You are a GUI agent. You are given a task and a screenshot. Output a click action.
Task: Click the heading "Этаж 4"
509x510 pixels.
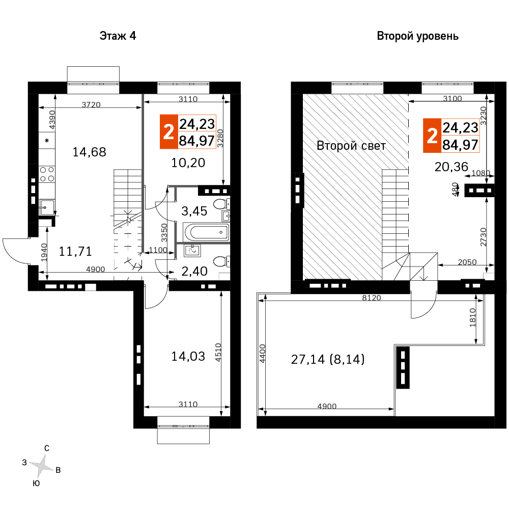pyautogui.click(x=118, y=36)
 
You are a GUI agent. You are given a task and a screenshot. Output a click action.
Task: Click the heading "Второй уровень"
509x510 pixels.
pyautogui.click(x=418, y=36)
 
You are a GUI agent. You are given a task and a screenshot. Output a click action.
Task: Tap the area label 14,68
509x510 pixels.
pyautogui.click(x=90, y=152)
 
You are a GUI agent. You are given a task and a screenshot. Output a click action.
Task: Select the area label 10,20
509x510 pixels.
pyautogui.click(x=188, y=163)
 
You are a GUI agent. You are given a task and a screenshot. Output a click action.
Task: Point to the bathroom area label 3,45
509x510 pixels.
pyautogui.click(x=194, y=211)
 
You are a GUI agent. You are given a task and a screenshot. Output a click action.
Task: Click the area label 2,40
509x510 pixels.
pyautogui.click(x=194, y=271)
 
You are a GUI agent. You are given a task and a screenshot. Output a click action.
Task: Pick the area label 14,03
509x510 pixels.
pyautogui.click(x=188, y=357)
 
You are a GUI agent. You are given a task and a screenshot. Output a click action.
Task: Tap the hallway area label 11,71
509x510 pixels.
pyautogui.click(x=75, y=251)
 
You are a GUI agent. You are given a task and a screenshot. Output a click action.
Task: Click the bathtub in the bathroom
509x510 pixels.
pyautogui.click(x=206, y=232)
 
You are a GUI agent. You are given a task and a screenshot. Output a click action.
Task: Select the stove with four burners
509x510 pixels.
pyautogui.click(x=47, y=174)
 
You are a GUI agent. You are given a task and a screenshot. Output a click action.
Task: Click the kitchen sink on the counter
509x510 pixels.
pyautogui.click(x=47, y=207)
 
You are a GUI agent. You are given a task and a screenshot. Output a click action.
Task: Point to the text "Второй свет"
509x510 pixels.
pyautogui.click(x=351, y=146)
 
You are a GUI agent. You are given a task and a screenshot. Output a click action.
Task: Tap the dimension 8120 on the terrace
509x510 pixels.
pyautogui.click(x=372, y=298)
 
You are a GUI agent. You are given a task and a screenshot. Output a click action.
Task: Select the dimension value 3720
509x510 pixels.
pyautogui.click(x=91, y=104)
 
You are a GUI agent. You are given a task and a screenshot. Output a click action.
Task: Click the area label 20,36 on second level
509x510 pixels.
pyautogui.click(x=451, y=167)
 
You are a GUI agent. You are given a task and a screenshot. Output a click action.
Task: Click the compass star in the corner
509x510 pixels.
pyautogui.click(x=42, y=466)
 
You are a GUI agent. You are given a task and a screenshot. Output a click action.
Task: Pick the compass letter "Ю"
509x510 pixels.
pyautogui.click(x=37, y=484)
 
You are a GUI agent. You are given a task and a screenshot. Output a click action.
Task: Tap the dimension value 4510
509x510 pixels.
pyautogui.click(x=218, y=352)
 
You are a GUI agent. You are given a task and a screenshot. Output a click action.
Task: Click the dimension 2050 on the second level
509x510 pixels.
pyautogui.click(x=467, y=262)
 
